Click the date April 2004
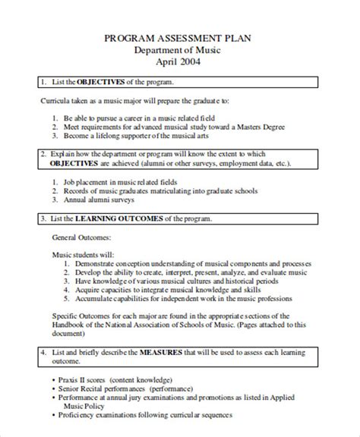[180, 62]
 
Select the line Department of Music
[180, 50]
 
